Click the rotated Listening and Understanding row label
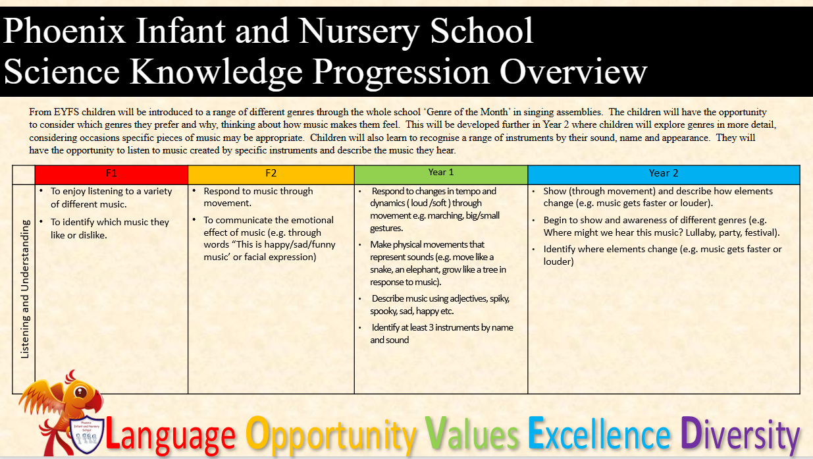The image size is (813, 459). click(24, 289)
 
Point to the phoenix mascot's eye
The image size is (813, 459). click(80, 392)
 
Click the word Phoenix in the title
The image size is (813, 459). click(65, 30)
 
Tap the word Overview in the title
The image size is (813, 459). click(573, 72)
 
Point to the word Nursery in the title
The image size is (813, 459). click(359, 33)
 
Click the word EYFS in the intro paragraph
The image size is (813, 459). click(66, 112)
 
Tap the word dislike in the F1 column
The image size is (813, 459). click(93, 235)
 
